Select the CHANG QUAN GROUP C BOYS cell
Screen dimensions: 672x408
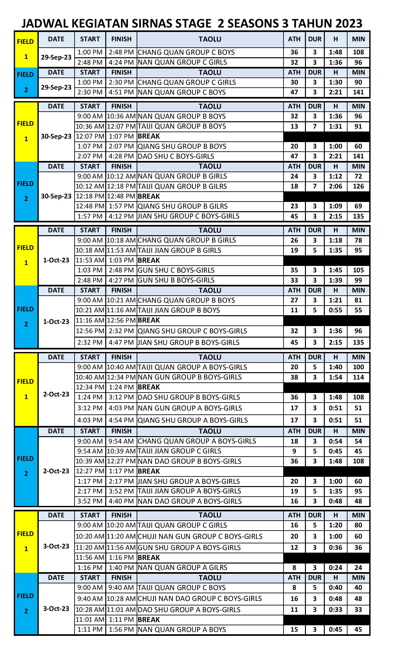click(x=186, y=52)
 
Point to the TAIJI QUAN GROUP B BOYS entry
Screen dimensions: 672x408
click(x=182, y=126)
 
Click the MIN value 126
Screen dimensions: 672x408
click(x=358, y=186)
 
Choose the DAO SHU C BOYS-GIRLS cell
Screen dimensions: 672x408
click(x=176, y=156)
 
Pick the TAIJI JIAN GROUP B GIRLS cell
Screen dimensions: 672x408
click(x=179, y=250)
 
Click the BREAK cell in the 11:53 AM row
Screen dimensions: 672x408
click(x=149, y=260)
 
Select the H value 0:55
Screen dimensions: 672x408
click(x=335, y=310)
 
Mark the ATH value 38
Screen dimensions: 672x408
click(x=294, y=377)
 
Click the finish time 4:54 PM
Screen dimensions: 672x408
click(x=121, y=420)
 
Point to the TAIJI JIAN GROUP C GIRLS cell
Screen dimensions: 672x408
click(x=179, y=451)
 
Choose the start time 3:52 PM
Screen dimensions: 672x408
click(x=90, y=501)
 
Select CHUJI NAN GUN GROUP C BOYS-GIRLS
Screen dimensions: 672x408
click(x=200, y=536)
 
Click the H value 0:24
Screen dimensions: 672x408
click(x=335, y=568)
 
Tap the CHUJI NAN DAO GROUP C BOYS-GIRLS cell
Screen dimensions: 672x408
click(x=200, y=598)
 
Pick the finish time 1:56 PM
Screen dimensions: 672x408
click(x=121, y=629)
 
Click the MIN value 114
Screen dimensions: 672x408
click(x=358, y=377)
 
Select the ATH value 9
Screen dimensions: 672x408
click(x=294, y=451)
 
